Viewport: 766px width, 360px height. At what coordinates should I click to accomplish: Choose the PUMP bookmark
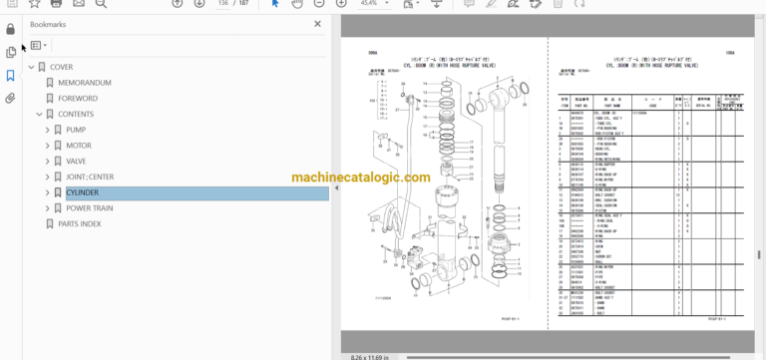76,130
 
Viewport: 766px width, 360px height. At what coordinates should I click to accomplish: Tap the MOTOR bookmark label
78,146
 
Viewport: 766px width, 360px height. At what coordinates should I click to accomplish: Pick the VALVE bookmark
77,161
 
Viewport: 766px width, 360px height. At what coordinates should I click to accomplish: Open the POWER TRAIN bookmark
92,208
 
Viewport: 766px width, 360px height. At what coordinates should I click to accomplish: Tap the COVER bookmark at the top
61,67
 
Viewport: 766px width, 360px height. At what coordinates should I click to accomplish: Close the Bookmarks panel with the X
317,23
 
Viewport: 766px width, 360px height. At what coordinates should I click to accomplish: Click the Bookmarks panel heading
49,23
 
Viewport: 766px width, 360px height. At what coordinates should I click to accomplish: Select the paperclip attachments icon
11,98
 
